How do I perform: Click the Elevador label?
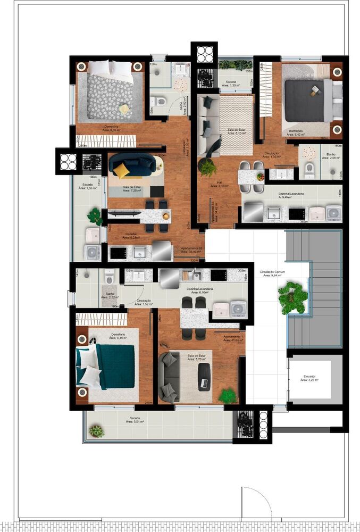click(309, 378)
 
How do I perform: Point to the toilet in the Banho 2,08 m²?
click(309, 171)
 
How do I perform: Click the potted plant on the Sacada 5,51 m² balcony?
click(96, 431)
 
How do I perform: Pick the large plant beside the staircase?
click(293, 297)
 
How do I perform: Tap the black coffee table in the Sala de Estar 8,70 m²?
click(204, 377)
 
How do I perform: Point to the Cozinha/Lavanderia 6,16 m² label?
click(197, 290)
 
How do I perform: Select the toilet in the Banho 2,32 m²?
click(109, 278)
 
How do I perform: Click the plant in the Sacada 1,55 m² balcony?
click(95, 216)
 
